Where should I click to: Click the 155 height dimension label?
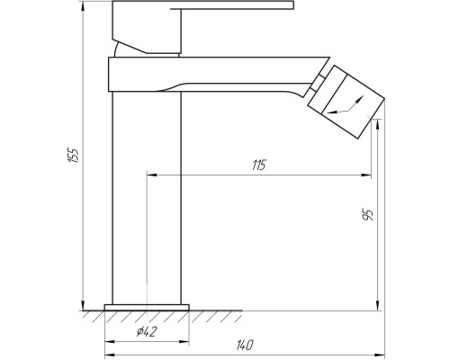[74, 155]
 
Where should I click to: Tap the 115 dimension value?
[259, 166]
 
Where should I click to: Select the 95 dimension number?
[368, 215]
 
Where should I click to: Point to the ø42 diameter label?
[147, 331]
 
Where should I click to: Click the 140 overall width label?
[245, 345]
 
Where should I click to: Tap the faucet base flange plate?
[147, 308]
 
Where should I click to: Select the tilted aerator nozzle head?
[346, 102]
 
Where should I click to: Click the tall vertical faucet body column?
[147, 198]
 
